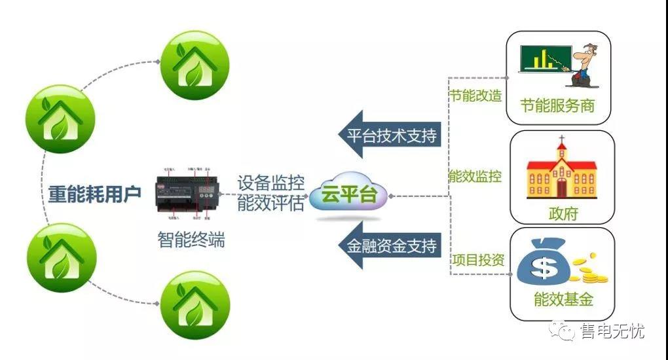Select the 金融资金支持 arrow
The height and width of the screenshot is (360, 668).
point(387,246)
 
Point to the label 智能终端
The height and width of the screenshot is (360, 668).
point(191,240)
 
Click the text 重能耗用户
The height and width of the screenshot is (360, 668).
point(95,194)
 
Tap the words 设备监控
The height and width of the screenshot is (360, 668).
point(270,183)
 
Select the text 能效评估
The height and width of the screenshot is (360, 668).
point(270,204)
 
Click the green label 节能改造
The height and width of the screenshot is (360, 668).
point(475,96)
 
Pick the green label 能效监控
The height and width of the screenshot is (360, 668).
point(475,176)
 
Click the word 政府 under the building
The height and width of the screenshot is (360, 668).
point(563,214)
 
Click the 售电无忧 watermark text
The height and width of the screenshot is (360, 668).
point(612,331)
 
